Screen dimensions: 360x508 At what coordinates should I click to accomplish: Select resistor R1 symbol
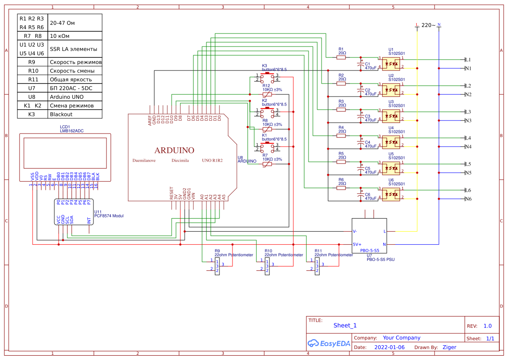point(342,57)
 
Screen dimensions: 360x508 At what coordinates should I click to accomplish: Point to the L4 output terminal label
point(468,138)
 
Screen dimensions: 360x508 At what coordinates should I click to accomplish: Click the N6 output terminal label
point(468,199)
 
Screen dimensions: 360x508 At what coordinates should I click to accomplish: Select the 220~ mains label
point(428,25)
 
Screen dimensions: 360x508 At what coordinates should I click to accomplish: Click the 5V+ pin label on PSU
point(357,244)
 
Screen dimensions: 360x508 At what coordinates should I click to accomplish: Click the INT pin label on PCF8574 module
point(89,221)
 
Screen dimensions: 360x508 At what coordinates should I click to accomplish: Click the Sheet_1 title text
point(345,325)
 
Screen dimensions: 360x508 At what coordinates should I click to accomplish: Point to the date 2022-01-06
point(389,347)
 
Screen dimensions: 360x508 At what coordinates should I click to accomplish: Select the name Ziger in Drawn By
point(449,347)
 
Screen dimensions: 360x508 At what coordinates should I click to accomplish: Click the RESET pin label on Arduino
point(172,193)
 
